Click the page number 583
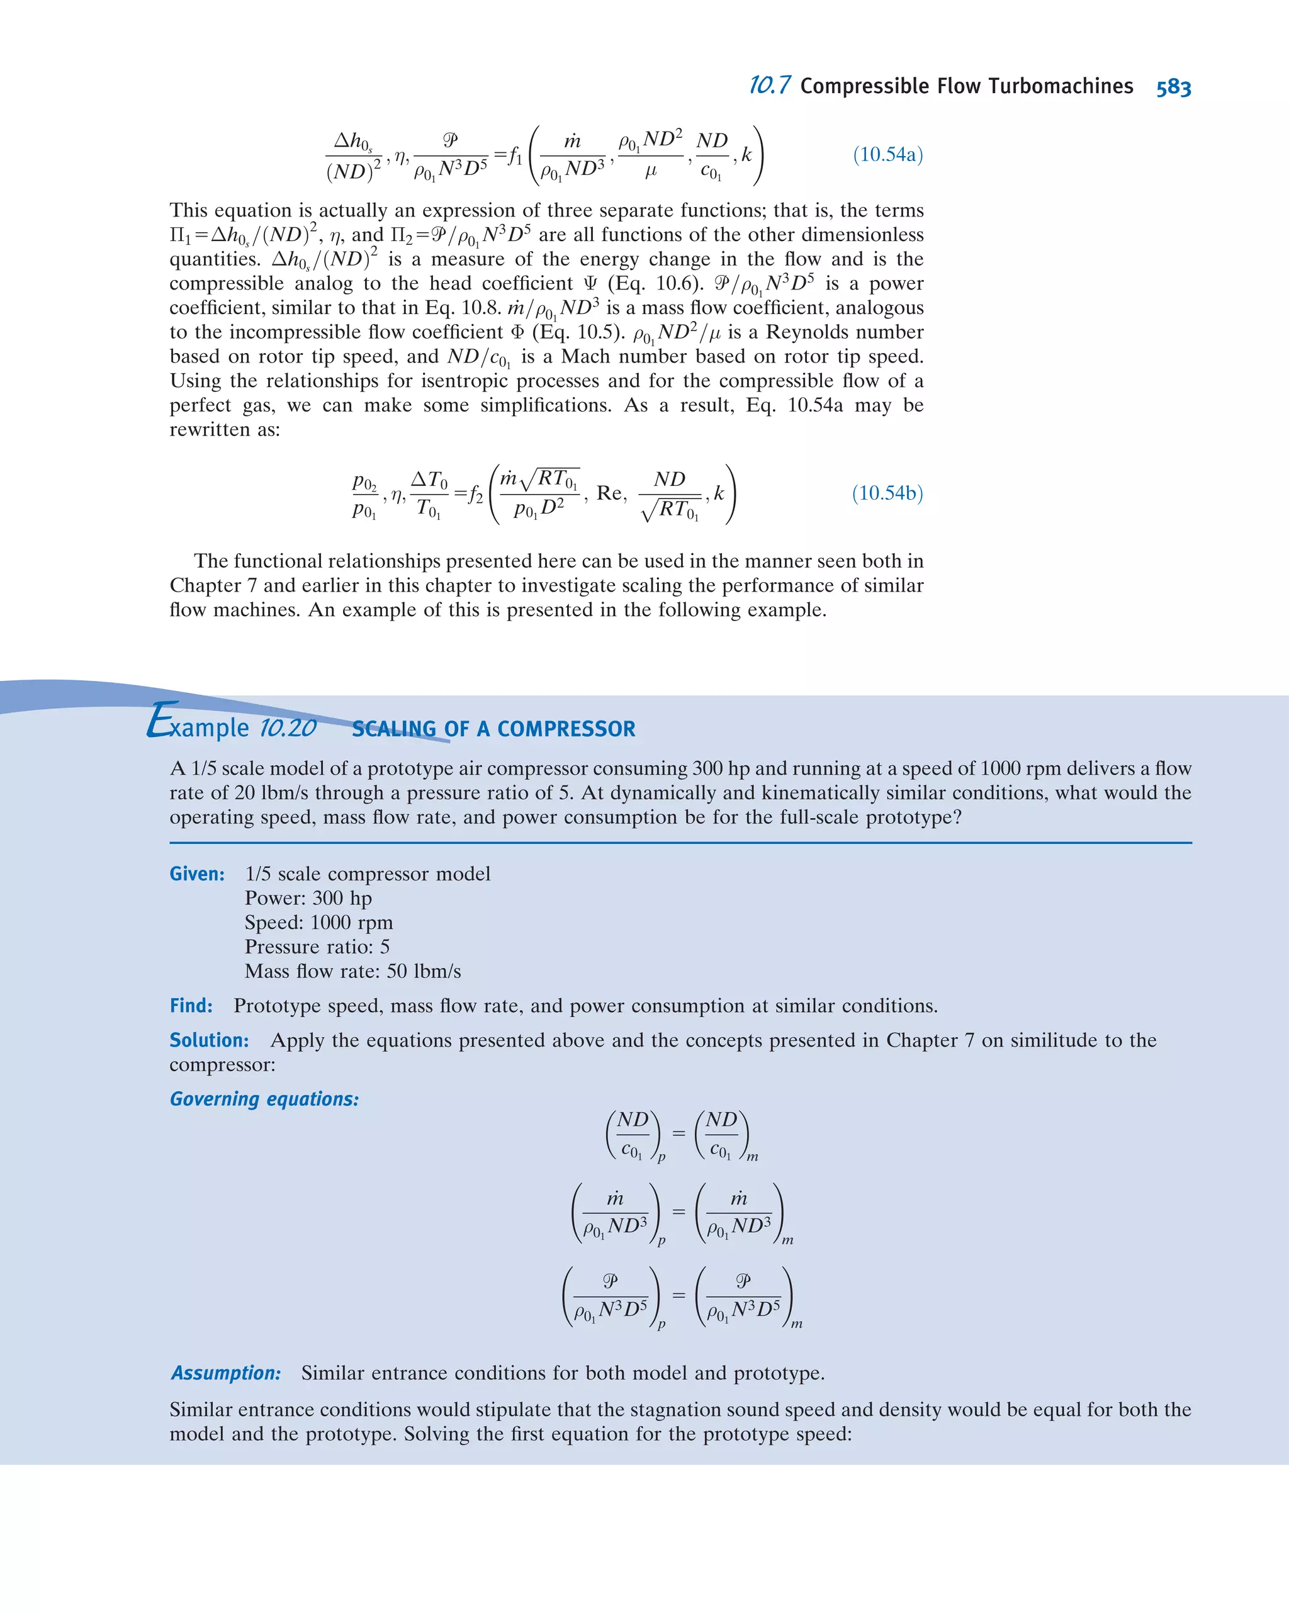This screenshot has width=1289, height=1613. [x=1173, y=87]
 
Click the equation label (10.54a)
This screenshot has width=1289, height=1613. [x=887, y=155]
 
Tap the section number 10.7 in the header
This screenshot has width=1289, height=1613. [x=769, y=86]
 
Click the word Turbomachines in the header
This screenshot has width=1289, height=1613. [x=1060, y=87]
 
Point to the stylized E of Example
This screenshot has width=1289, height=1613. [x=161, y=721]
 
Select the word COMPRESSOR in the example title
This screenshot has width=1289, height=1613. [x=566, y=729]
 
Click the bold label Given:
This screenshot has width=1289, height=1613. [x=197, y=874]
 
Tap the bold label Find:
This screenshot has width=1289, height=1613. [x=191, y=1006]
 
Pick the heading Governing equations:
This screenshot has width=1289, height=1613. [x=264, y=1099]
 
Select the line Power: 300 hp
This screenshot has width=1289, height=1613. [x=308, y=898]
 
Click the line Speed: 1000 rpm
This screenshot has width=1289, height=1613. [x=318, y=923]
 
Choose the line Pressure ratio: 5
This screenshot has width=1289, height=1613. [x=317, y=947]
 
